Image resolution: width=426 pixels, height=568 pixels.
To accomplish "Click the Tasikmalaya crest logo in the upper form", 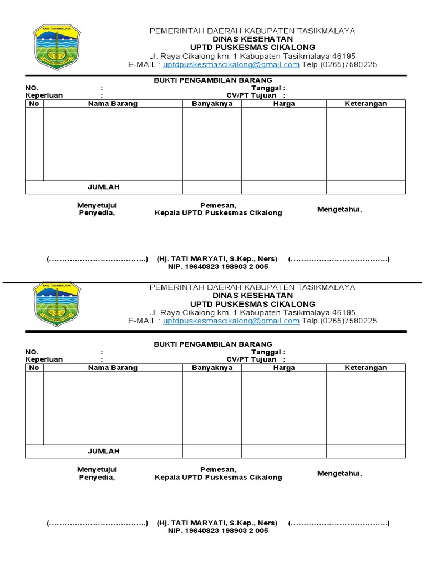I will pos(57,47).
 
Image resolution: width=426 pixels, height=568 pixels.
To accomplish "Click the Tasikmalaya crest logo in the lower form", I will pos(57,303).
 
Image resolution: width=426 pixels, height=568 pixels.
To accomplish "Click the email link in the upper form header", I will pos(231,64).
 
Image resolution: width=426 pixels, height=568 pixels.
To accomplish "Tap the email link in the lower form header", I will pos(231,321).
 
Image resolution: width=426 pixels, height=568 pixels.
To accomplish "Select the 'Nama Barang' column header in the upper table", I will pos(113,104).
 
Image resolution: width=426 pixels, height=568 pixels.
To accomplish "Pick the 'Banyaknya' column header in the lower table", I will pos(212,368).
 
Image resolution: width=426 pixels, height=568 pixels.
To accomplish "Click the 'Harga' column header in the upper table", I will pos(284,104).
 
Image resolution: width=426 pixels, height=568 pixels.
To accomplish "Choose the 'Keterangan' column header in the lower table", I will pos(366,368).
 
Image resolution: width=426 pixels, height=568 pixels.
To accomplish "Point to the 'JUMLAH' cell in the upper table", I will pos(103,187).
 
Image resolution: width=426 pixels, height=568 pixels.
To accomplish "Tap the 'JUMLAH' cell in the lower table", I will pos(103,451).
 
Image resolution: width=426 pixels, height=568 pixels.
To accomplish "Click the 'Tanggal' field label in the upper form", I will pos(268,88).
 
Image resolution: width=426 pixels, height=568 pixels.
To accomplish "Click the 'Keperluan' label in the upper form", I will pos(44,95).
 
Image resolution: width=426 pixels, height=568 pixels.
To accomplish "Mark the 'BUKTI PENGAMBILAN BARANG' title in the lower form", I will pos(213,344).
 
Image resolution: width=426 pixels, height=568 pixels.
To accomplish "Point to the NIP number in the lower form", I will pos(218,531).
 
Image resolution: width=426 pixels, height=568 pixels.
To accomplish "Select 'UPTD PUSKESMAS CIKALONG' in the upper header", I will pos(252,48).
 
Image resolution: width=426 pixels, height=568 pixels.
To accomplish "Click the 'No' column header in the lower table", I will pos(34,368).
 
